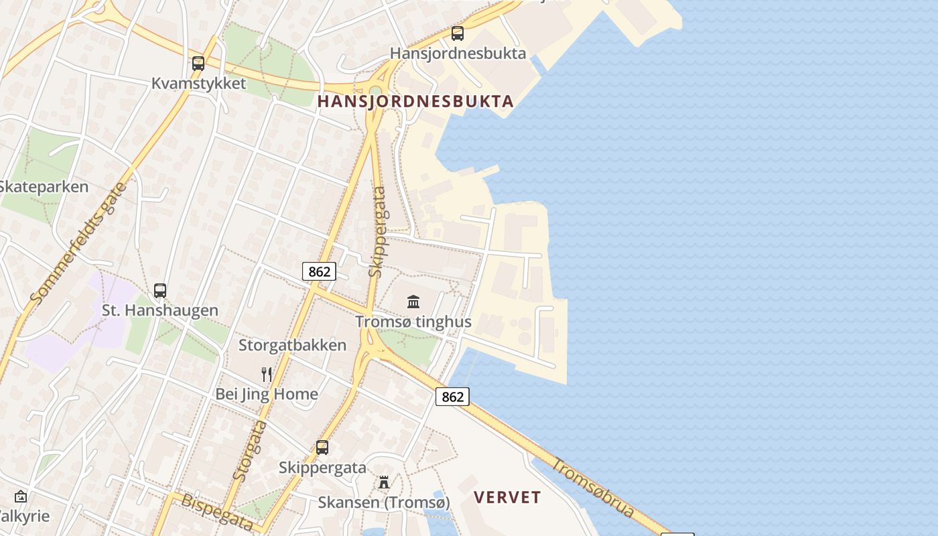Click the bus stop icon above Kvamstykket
point(198,64)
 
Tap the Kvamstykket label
point(198,84)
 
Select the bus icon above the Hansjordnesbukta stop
point(458,33)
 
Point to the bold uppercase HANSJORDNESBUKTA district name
point(415,102)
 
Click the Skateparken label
point(44,187)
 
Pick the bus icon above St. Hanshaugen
point(160,290)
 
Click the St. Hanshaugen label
point(160,310)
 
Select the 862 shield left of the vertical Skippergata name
point(319,271)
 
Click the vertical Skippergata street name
point(378,232)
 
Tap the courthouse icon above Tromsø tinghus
point(413,301)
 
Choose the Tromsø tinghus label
point(413,322)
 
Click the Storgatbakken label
point(293,345)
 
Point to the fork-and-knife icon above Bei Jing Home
point(267,374)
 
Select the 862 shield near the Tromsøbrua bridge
point(452,397)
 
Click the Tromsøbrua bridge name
point(593,487)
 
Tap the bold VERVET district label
point(507,497)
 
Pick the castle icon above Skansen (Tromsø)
point(384,482)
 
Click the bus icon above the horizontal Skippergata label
point(322,448)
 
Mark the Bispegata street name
point(217,513)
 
